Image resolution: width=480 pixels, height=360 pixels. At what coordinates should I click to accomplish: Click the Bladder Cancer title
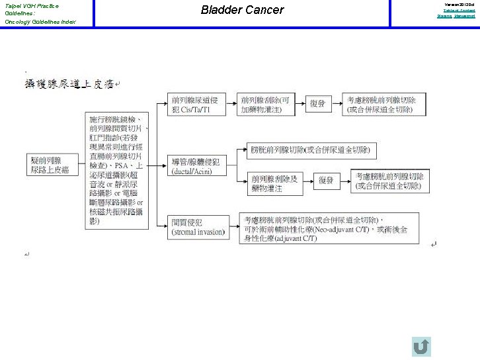tap(242, 10)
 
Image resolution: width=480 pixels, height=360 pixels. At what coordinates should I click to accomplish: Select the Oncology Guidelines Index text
tap(40, 22)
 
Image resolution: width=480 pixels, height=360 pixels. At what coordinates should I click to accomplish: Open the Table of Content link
tap(460, 11)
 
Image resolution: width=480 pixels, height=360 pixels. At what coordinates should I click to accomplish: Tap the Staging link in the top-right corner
tap(444, 16)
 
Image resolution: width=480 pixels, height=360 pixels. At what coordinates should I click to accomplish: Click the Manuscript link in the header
tap(464, 16)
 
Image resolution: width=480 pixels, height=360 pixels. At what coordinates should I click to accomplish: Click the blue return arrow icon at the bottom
tap(420, 346)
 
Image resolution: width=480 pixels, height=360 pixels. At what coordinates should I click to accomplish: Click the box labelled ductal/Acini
tap(196, 166)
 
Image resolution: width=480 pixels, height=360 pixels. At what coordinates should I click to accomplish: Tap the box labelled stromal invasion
tap(198, 228)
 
